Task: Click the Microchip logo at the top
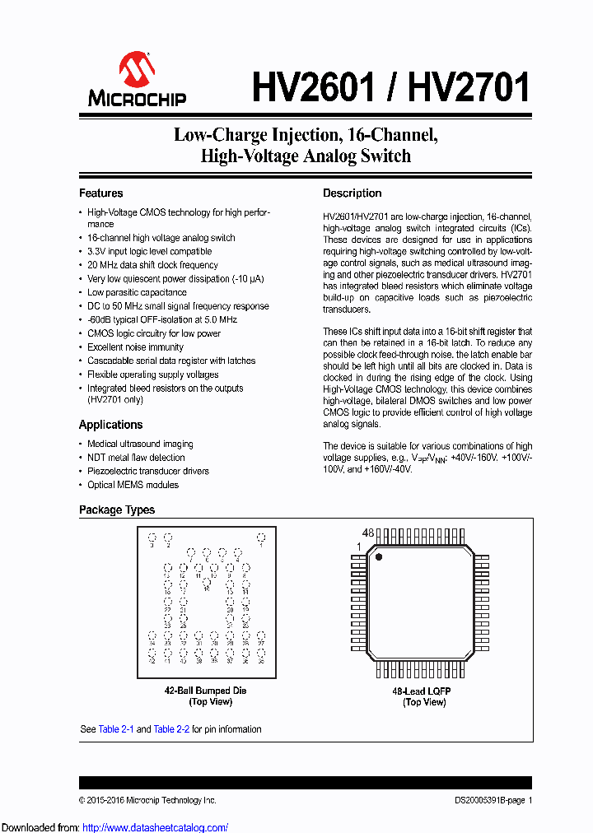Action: [x=137, y=80]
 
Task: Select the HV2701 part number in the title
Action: [x=467, y=86]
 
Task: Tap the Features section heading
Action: [x=100, y=193]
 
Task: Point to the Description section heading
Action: [x=352, y=193]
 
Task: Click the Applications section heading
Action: [x=110, y=425]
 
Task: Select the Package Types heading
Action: [x=116, y=510]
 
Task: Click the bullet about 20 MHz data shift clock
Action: [x=152, y=265]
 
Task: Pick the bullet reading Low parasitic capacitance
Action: [x=137, y=292]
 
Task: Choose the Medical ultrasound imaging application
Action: [x=140, y=444]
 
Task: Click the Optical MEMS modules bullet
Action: [x=133, y=485]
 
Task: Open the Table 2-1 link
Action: [x=116, y=729]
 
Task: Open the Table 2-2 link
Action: [x=171, y=729]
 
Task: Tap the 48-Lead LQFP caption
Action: [x=423, y=691]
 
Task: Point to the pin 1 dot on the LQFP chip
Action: [x=380, y=557]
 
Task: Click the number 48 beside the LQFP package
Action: [x=368, y=533]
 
